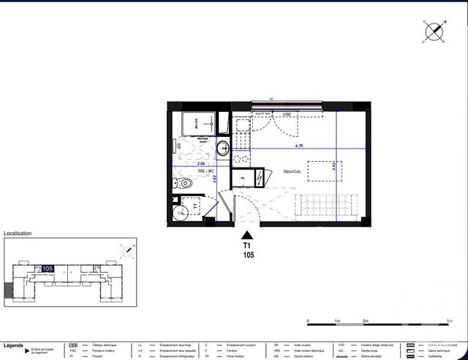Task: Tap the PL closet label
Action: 242,178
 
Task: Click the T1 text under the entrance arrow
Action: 247,247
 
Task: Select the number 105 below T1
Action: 247,256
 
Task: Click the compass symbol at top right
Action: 434,31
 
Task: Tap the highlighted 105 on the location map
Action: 48,269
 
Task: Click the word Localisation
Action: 18,234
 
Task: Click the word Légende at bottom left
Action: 13,345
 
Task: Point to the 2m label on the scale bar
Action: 364,322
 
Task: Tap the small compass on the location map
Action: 129,251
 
